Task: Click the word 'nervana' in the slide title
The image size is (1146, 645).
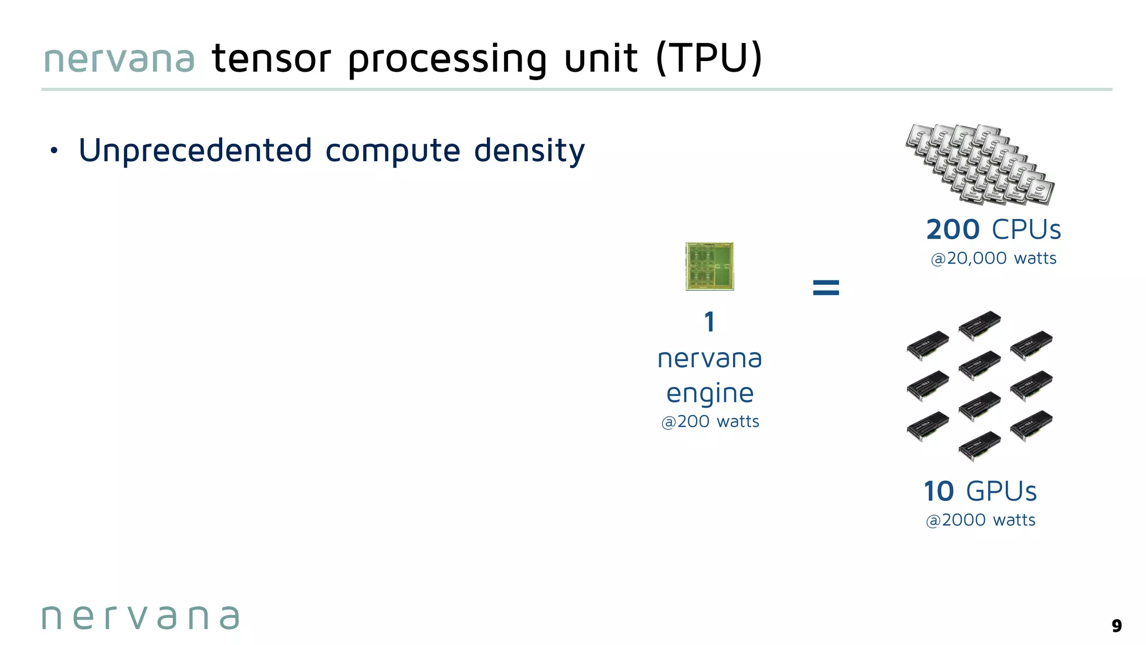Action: pos(119,59)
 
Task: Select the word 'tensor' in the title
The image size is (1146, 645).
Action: pos(271,59)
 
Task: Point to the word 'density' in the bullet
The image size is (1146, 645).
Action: pos(529,151)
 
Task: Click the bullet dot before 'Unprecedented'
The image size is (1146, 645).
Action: pos(54,151)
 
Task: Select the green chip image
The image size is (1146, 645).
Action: pos(710,267)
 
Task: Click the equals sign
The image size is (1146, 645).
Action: pos(826,288)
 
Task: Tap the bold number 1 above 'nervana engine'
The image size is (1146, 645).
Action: pos(710,322)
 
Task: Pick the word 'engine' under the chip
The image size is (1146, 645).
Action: pos(710,394)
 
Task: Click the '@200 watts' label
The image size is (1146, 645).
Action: pos(710,422)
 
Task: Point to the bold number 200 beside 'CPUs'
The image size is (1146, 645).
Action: pos(952,230)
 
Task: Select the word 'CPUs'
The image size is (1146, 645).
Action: pos(1026,230)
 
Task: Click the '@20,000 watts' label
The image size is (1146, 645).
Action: pos(993,259)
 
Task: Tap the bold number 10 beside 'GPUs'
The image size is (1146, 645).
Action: pos(938,492)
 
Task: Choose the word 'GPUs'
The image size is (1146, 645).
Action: pos(1001,492)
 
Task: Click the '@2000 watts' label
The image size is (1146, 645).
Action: pos(980,520)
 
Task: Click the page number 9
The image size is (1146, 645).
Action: pos(1116,625)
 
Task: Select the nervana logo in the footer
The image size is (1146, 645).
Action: pos(141,618)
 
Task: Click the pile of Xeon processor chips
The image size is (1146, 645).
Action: pos(980,163)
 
